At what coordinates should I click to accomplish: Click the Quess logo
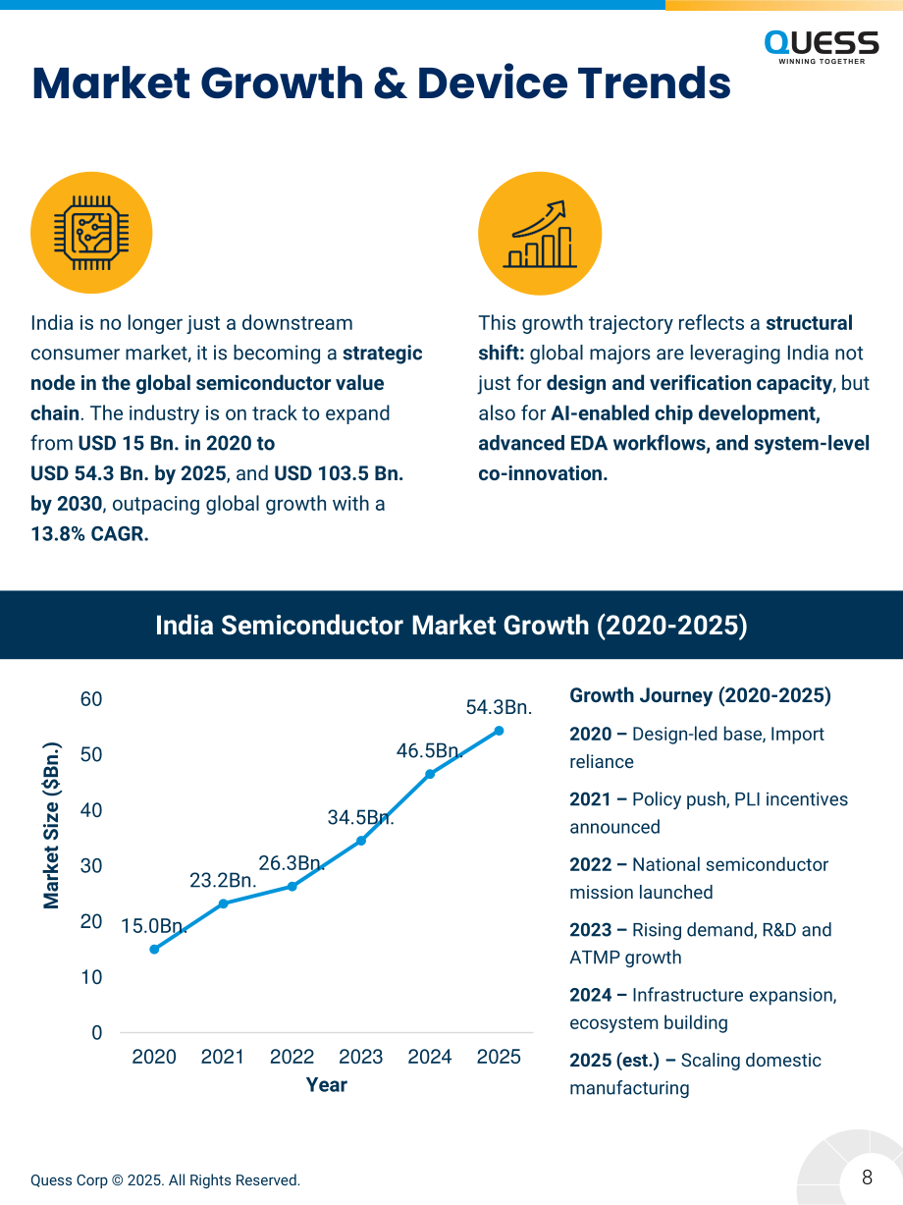click(x=822, y=47)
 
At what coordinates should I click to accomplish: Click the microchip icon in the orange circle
click(x=91, y=233)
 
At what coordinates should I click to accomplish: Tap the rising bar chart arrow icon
click(x=540, y=234)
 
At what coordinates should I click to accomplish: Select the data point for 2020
click(x=154, y=950)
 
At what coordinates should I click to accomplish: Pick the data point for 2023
click(x=361, y=841)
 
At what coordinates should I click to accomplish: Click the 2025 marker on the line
click(x=500, y=731)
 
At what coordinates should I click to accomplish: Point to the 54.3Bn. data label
click(x=499, y=707)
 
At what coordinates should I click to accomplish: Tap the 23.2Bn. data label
click(x=223, y=880)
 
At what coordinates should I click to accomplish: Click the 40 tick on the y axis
click(x=91, y=810)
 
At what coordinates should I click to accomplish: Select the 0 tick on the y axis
click(x=97, y=1032)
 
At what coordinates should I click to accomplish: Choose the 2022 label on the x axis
click(x=292, y=1057)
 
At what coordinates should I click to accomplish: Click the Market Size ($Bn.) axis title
click(x=51, y=825)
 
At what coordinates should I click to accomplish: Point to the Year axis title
click(x=327, y=1085)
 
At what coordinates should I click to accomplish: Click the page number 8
click(x=867, y=1177)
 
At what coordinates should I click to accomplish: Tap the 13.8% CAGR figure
click(x=89, y=533)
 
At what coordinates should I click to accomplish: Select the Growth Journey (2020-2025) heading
click(x=700, y=695)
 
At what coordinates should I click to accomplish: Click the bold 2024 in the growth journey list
click(x=590, y=995)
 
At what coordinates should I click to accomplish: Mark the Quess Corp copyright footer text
click(x=165, y=1179)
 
